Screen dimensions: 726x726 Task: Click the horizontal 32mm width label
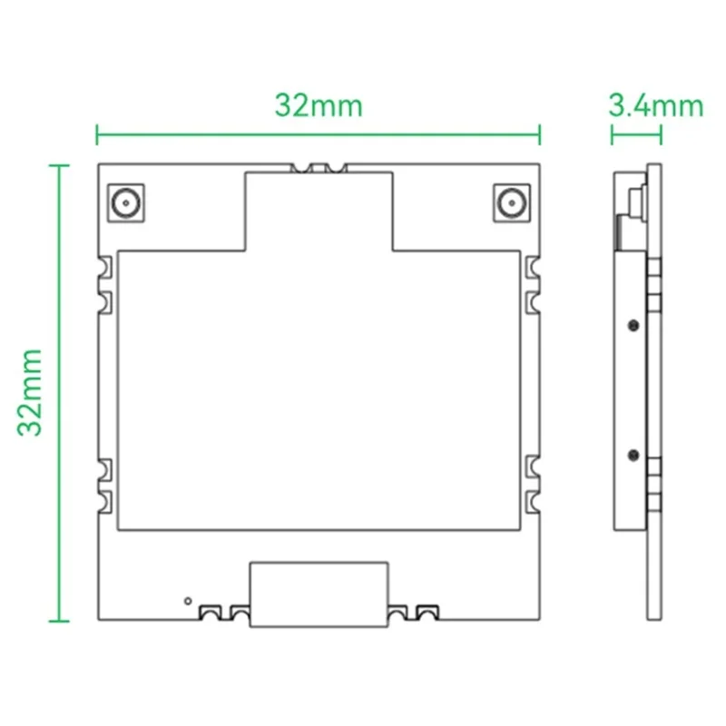pyautogui.click(x=319, y=106)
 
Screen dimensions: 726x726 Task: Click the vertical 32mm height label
pyautogui.click(x=32, y=391)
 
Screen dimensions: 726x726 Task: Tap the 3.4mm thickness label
pyautogui.click(x=655, y=106)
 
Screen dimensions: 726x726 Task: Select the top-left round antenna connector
pyautogui.click(x=124, y=202)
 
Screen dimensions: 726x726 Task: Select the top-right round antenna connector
pyautogui.click(x=513, y=202)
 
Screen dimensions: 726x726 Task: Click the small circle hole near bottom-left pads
pyautogui.click(x=188, y=600)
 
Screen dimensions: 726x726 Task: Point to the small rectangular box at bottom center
pyautogui.click(x=319, y=594)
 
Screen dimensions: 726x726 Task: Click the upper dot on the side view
pyautogui.click(x=631, y=323)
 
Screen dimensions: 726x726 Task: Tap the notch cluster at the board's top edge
pyautogui.click(x=319, y=168)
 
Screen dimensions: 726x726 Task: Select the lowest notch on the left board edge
pyautogui.click(x=104, y=500)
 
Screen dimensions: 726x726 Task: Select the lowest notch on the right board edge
pyautogui.click(x=534, y=500)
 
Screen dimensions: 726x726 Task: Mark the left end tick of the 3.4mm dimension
pyautogui.click(x=613, y=136)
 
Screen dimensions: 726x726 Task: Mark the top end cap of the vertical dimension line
pyautogui.click(x=59, y=165)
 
